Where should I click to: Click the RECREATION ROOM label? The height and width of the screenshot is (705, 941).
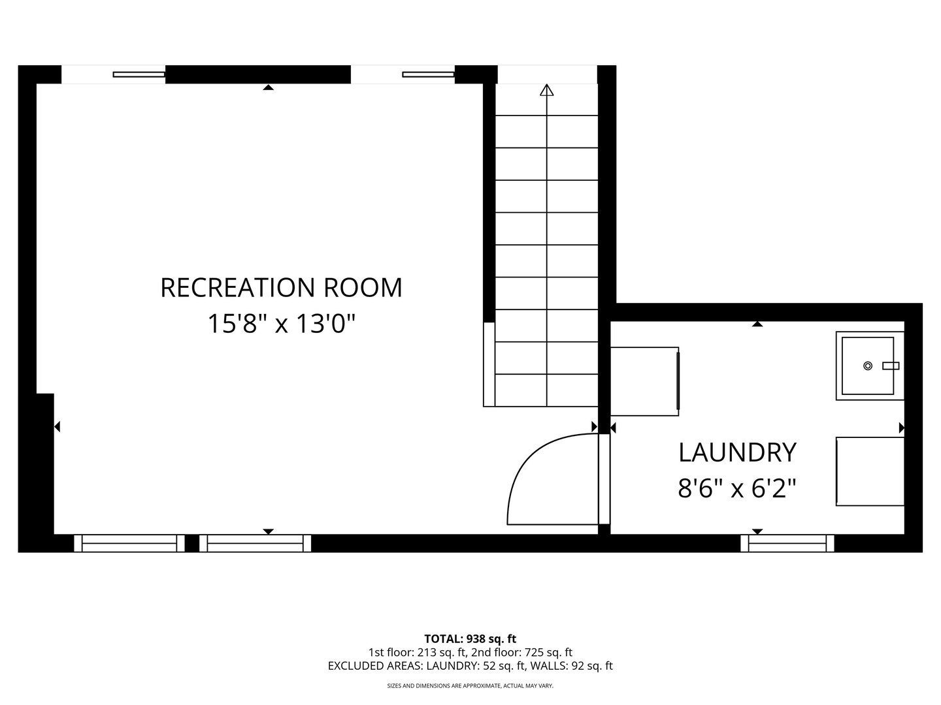(x=281, y=288)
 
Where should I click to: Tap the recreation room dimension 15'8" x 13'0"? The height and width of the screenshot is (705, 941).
(x=281, y=323)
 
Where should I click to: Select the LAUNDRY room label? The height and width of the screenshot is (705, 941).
(x=737, y=452)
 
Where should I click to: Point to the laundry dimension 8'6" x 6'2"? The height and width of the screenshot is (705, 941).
(x=737, y=488)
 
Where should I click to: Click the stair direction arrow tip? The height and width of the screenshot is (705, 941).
(x=547, y=89)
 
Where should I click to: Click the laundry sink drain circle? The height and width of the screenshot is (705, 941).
(x=868, y=366)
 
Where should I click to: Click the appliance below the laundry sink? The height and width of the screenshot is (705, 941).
(x=870, y=471)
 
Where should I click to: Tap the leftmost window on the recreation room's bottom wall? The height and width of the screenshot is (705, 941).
(x=129, y=543)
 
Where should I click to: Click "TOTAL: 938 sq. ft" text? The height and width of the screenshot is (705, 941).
(x=470, y=638)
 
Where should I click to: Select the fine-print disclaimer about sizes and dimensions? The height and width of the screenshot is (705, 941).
(x=470, y=686)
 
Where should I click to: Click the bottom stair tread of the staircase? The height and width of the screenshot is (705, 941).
(x=547, y=390)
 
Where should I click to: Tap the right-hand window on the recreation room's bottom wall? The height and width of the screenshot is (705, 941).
(x=255, y=543)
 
